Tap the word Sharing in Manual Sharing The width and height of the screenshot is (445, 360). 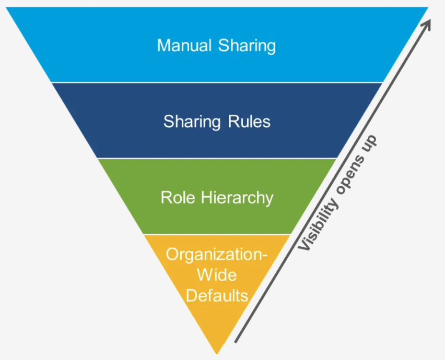coord(247,46)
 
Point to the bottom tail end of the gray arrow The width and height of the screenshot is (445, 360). coord(236,342)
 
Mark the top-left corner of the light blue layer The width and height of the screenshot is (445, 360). coord(6,7)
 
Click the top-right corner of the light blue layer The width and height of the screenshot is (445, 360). coord(428,7)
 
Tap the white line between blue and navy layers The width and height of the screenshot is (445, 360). coord(217,82)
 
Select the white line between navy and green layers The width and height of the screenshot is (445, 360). coord(217,158)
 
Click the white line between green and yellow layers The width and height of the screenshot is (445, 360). coord(217,234)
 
